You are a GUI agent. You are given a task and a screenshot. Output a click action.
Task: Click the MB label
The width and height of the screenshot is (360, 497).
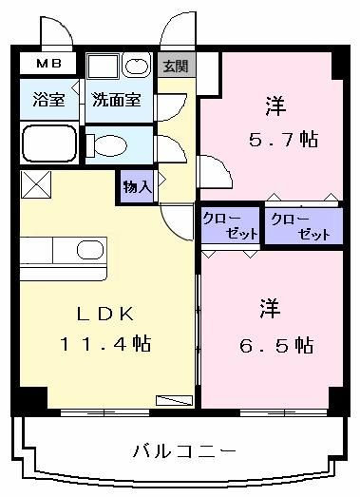(x=48, y=64)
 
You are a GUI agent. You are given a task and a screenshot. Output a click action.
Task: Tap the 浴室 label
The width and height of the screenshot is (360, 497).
(x=48, y=99)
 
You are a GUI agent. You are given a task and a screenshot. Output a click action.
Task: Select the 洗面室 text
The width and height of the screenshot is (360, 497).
(x=117, y=100)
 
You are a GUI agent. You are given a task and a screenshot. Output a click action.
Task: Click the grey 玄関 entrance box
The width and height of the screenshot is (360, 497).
(x=176, y=65)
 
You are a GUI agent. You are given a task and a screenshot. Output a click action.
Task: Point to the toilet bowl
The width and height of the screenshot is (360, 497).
(x=109, y=145)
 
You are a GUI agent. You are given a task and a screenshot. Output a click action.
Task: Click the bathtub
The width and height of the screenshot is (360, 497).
(x=49, y=143)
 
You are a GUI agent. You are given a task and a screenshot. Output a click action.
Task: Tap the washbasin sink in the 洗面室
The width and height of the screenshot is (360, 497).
(x=137, y=66)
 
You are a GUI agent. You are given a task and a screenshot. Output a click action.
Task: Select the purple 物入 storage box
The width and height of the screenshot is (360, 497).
(x=137, y=187)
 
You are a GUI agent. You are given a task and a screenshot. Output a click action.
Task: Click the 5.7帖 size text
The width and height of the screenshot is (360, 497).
(x=284, y=140)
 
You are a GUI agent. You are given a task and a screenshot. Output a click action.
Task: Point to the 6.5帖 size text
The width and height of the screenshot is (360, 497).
(x=276, y=345)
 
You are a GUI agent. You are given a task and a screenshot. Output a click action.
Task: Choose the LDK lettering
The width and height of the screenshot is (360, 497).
(x=105, y=314)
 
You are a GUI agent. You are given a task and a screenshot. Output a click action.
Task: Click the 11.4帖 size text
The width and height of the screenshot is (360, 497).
(x=105, y=343)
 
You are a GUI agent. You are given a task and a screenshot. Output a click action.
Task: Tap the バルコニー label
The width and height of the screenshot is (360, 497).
(x=184, y=450)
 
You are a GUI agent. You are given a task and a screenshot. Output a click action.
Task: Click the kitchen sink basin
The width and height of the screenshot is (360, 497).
(x=90, y=250)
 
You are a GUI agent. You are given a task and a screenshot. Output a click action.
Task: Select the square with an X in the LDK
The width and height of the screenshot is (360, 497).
(x=36, y=184)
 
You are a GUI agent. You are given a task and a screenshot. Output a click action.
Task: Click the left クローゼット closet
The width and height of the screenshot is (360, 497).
(x=231, y=225)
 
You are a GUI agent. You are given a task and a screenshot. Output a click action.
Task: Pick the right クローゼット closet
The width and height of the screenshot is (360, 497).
(x=304, y=226)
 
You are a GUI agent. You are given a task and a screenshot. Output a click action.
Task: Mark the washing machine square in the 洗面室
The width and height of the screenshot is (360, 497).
(x=103, y=67)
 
